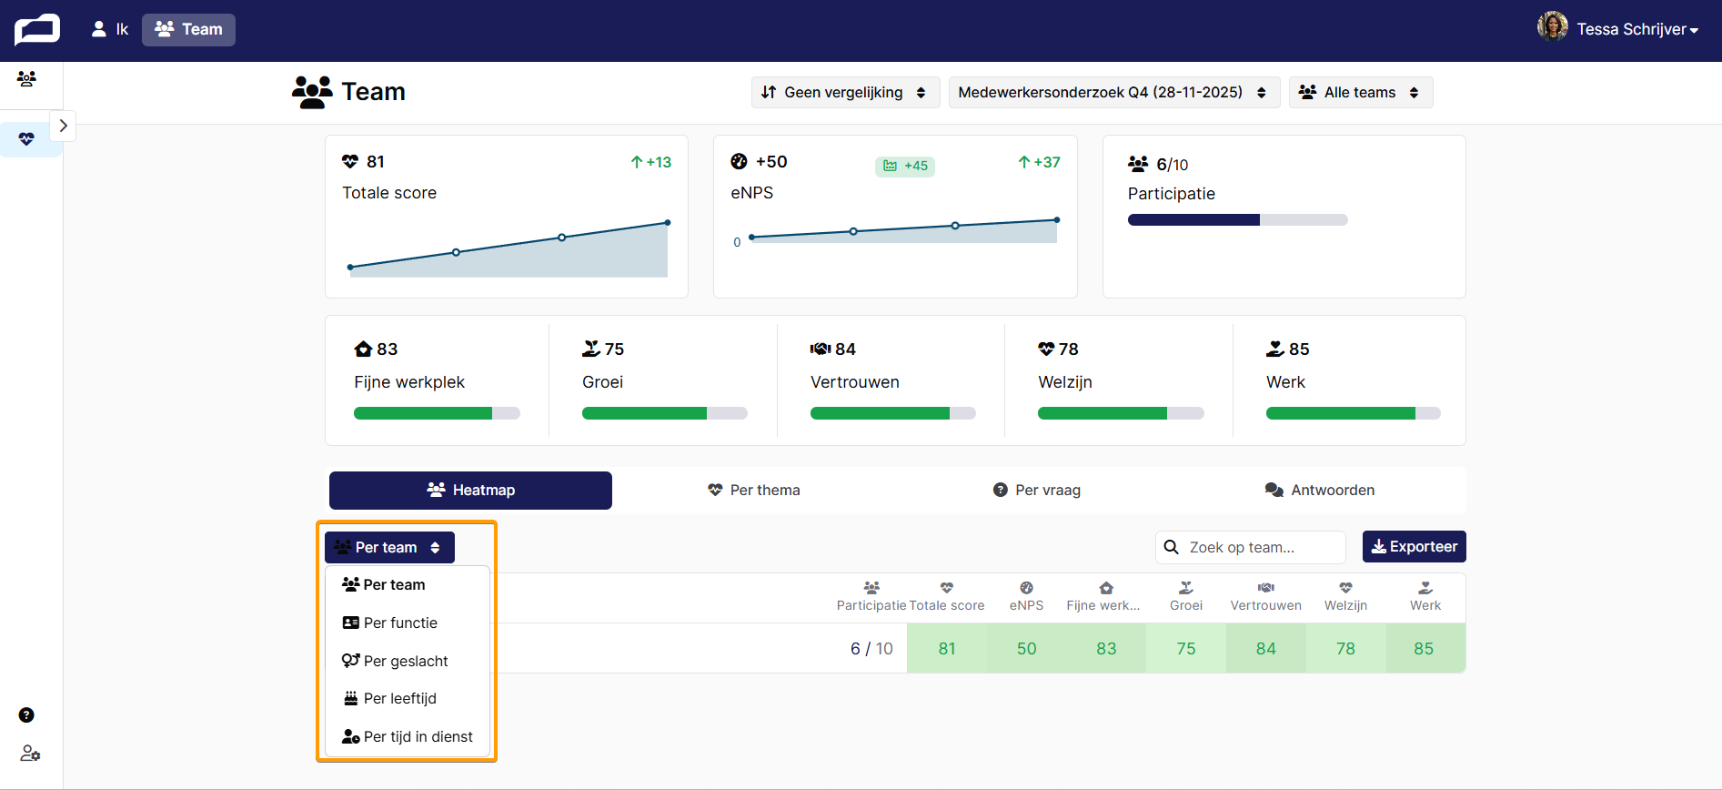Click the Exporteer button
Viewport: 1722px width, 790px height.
click(x=1414, y=547)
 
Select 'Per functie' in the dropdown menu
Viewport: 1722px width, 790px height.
click(x=390, y=623)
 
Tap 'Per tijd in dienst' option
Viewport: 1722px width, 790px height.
click(x=408, y=736)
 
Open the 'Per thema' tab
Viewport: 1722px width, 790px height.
click(x=754, y=490)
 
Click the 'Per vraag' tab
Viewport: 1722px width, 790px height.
click(x=1037, y=490)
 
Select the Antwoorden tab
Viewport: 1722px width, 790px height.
click(x=1320, y=490)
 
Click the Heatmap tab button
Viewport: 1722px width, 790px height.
click(x=470, y=490)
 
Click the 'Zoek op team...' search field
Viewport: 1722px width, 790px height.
click(x=1251, y=547)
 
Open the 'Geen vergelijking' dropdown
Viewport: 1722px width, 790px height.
click(x=843, y=92)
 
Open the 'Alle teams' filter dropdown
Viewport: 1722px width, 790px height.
click(x=1360, y=92)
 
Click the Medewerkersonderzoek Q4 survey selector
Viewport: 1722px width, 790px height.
click(x=1113, y=92)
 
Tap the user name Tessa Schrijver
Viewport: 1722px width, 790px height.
click(x=1631, y=29)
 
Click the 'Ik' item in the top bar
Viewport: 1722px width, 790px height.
click(x=111, y=29)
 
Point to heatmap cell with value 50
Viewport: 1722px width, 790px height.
click(x=1026, y=648)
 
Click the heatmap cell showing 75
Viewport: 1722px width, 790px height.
click(x=1186, y=648)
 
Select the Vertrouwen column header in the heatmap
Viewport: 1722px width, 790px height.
click(x=1265, y=597)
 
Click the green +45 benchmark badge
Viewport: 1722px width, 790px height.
click(x=905, y=166)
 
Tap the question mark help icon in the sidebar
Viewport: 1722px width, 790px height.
click(x=26, y=715)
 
